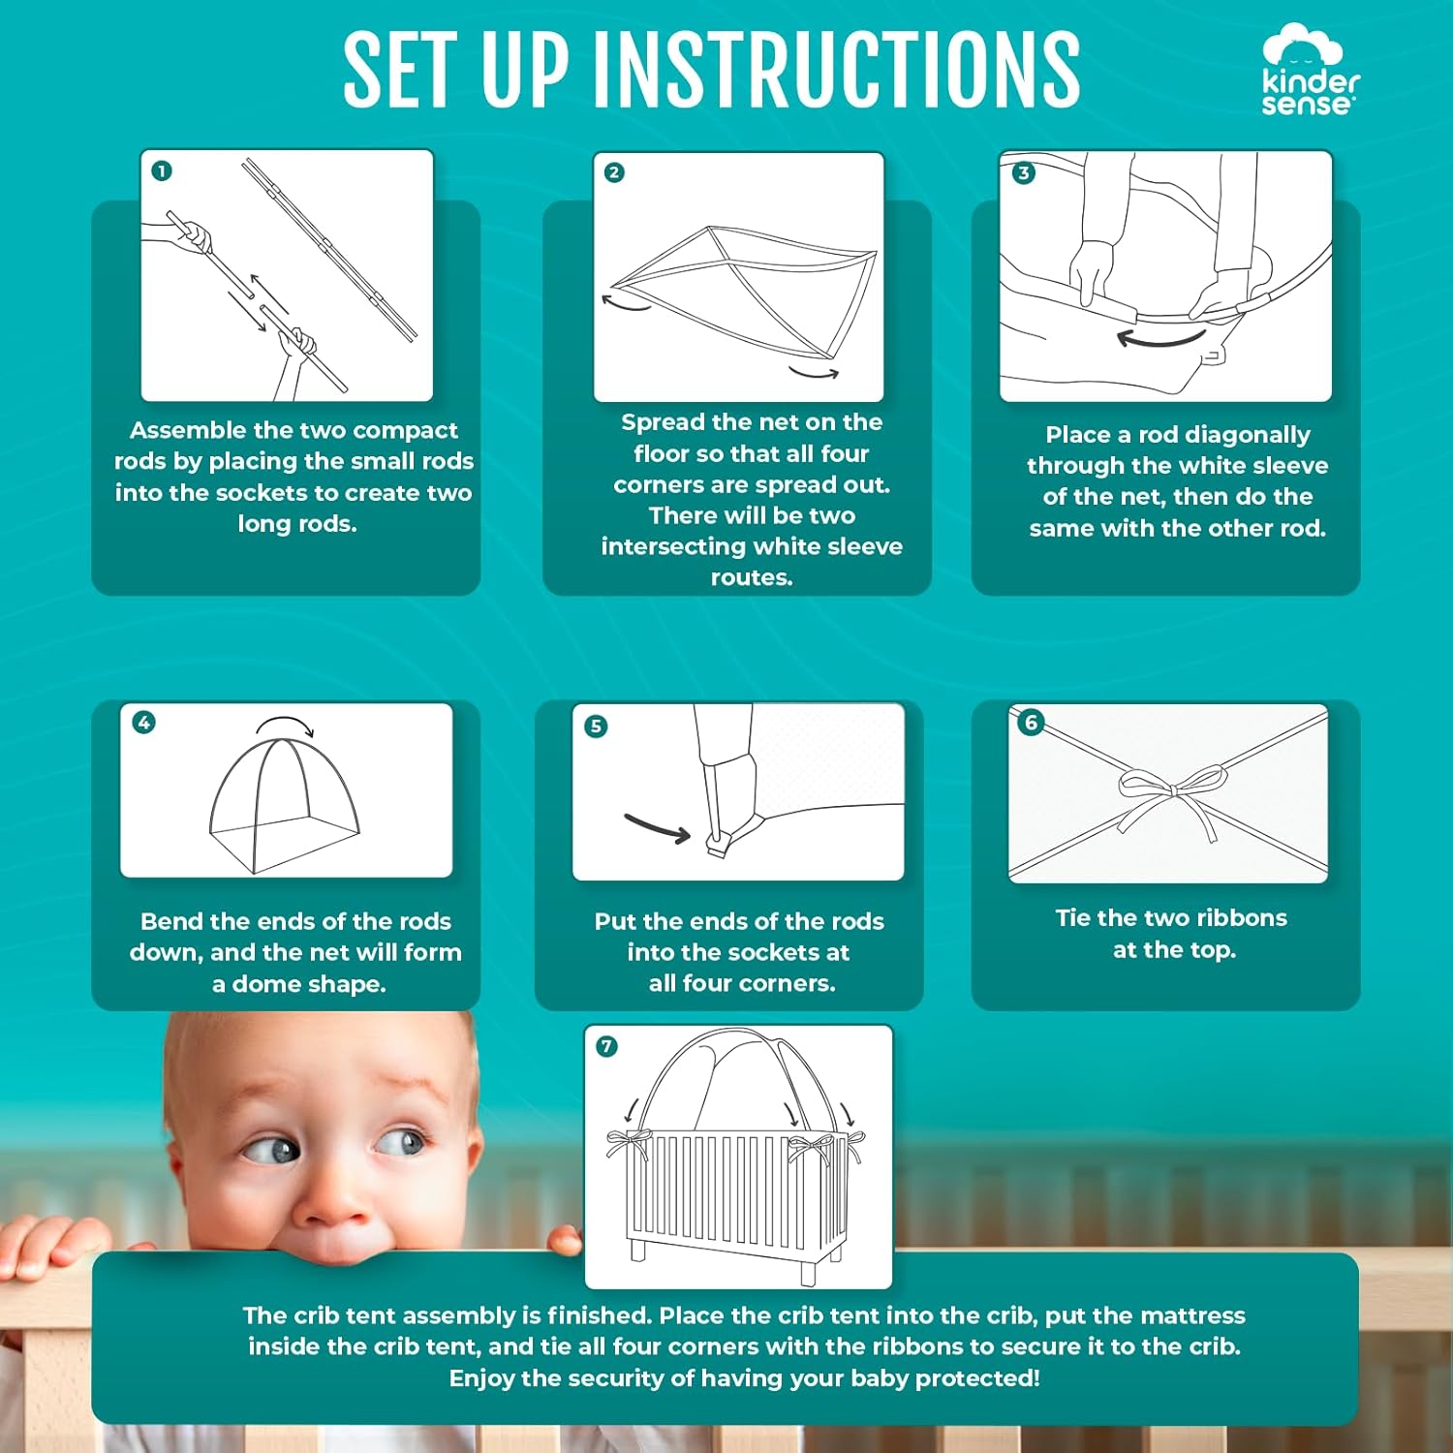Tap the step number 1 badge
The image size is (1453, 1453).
tap(162, 171)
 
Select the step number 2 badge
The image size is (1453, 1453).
tap(614, 172)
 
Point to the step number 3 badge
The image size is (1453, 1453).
tap(1023, 173)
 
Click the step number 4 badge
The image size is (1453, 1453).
tap(143, 723)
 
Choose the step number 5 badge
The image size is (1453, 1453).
tap(597, 726)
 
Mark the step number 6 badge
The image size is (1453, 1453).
tap(1031, 722)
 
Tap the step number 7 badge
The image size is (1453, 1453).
tap(607, 1046)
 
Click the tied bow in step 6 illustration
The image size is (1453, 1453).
tap(1171, 793)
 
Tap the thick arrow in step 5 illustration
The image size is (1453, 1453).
tap(657, 828)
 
